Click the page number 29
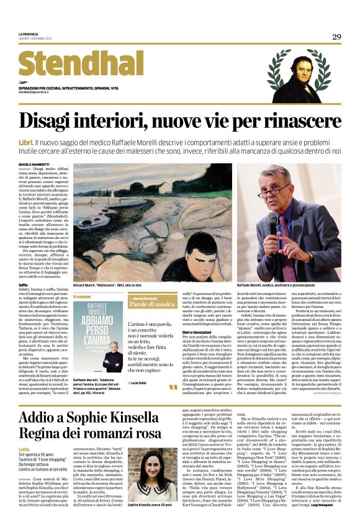(x=336, y=37)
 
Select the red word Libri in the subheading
(x=27, y=142)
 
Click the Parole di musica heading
(x=152, y=304)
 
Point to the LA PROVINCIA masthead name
(x=29, y=34)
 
